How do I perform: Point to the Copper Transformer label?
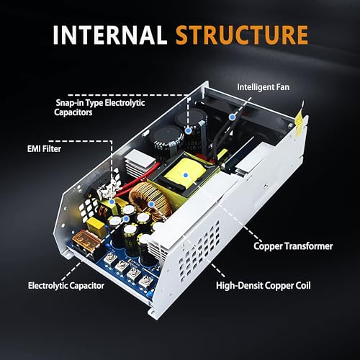293,246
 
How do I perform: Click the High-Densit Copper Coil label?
264,285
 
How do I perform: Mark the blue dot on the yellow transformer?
186,174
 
